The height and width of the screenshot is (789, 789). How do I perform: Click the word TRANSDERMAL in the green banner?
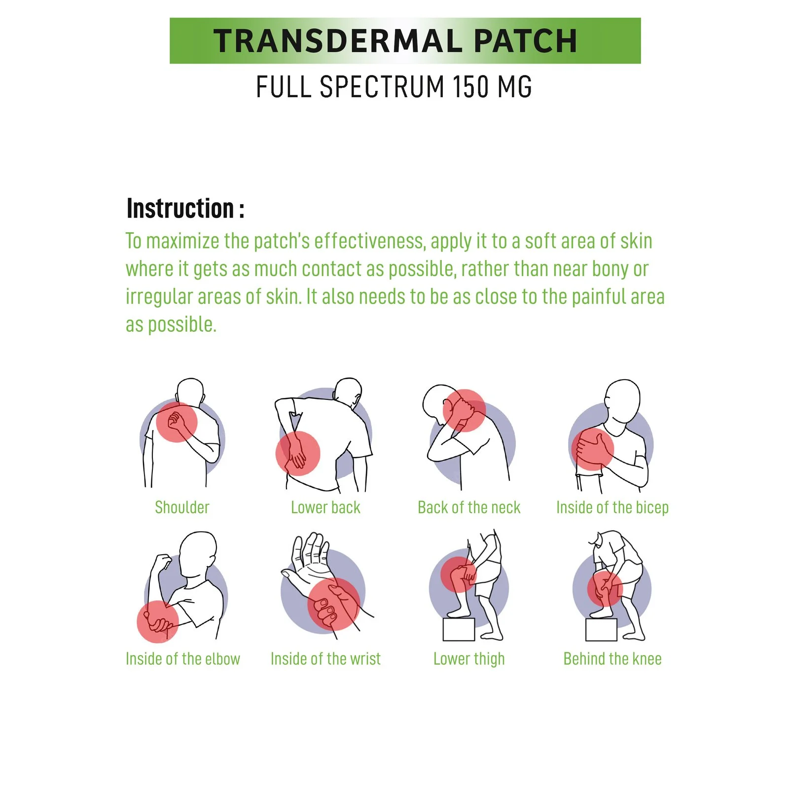338,40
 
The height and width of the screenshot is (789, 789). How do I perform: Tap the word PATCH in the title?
526,40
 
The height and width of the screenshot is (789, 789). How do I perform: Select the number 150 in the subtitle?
470,87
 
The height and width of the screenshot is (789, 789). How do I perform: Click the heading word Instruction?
180,208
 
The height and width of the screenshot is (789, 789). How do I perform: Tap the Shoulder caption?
182,507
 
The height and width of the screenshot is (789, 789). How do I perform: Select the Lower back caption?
325,507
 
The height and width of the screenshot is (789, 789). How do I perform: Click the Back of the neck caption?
469,507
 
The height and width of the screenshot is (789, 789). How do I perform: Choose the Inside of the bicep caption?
612,507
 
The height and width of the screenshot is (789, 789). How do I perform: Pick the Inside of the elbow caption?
183,659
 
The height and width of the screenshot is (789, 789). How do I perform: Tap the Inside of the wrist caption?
325,659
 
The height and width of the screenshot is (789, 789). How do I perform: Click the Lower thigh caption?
469,659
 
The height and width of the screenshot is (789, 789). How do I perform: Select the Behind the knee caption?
612,659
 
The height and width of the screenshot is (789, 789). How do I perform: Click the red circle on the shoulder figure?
177,422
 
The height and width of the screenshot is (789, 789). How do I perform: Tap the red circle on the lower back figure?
298,453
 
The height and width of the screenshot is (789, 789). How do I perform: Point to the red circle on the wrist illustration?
334,604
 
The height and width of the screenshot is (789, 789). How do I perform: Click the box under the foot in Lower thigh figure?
459,629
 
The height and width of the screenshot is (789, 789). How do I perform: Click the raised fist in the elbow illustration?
162,562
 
